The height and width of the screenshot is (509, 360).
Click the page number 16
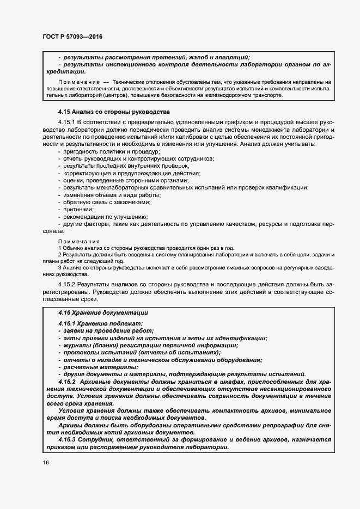[x=45, y=462]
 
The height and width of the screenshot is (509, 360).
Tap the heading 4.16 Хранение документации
[x=103, y=313]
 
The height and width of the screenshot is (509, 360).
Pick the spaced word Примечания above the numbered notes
[x=78, y=241]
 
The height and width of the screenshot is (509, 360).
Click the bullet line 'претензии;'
[x=78, y=209]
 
